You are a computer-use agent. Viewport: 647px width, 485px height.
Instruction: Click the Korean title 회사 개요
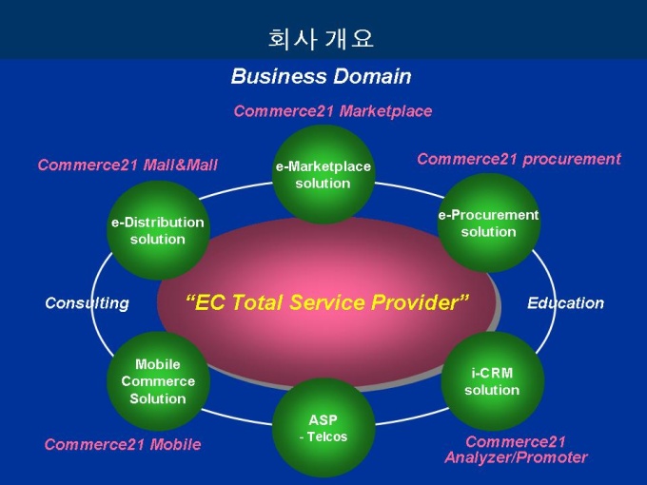[322, 39]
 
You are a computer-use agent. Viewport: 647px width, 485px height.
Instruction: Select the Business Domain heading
[322, 76]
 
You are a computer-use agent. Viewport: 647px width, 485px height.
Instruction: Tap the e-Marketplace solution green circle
[323, 175]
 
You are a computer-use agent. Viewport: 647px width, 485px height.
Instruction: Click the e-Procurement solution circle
[488, 223]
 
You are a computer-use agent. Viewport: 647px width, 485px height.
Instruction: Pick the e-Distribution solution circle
[158, 230]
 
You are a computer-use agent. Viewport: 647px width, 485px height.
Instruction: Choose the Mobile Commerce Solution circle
[158, 381]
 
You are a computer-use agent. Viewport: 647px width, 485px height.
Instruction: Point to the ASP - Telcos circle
[323, 427]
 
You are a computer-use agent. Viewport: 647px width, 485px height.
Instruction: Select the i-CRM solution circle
[492, 381]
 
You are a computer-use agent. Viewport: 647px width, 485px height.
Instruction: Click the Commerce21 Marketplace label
[333, 111]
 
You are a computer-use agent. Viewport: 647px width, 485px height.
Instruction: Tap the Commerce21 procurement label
[519, 159]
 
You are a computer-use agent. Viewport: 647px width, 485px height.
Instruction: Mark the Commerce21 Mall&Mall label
[127, 165]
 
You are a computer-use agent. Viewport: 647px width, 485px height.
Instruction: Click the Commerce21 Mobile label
[123, 444]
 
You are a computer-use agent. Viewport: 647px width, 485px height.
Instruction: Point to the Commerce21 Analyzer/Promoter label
[516, 450]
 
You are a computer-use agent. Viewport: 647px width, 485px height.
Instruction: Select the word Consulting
[87, 303]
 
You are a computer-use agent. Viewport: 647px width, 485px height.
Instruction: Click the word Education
[565, 303]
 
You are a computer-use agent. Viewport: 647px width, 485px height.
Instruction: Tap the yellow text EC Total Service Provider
[327, 303]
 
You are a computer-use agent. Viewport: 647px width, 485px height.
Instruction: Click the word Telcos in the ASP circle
[326, 436]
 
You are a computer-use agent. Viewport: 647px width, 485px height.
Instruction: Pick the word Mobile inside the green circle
[158, 364]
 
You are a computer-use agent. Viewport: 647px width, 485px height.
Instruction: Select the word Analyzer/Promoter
[516, 457]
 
